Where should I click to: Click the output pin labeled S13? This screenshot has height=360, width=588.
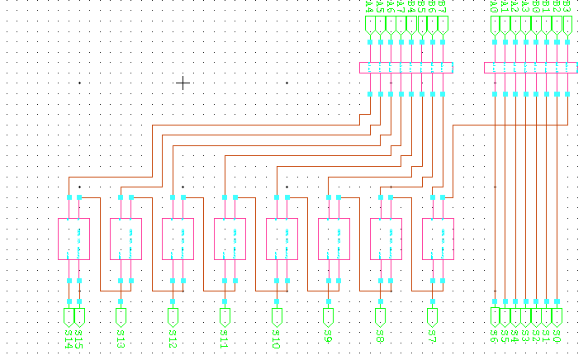coord(121,317)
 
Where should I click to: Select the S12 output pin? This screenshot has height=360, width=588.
coord(173,317)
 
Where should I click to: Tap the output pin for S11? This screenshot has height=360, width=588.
coord(225,317)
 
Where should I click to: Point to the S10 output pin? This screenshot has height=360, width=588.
coord(277,317)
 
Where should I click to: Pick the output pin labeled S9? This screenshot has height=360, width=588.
coord(329,317)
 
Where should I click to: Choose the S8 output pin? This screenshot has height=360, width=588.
coord(380,317)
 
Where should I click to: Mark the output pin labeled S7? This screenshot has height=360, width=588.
coord(432,317)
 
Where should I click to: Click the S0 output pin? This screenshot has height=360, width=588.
coord(557,317)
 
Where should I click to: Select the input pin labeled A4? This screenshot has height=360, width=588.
coord(370,26)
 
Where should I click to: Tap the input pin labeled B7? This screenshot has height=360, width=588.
coord(443,26)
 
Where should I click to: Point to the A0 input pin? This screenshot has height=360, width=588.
coord(496,26)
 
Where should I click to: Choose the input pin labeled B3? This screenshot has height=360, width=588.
coord(567,26)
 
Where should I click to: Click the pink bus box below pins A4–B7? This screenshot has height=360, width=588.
coord(406,68)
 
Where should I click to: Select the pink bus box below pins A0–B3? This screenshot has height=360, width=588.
coord(531,68)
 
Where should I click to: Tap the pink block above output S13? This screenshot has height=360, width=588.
coord(126,239)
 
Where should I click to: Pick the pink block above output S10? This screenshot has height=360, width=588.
coord(282,239)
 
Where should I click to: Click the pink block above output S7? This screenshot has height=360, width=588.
coord(438,239)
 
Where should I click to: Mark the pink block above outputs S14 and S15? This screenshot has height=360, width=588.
coord(74,239)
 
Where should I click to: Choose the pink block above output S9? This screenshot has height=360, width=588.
coord(334,239)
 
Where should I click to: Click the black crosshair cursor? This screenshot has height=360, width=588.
coord(183,83)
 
